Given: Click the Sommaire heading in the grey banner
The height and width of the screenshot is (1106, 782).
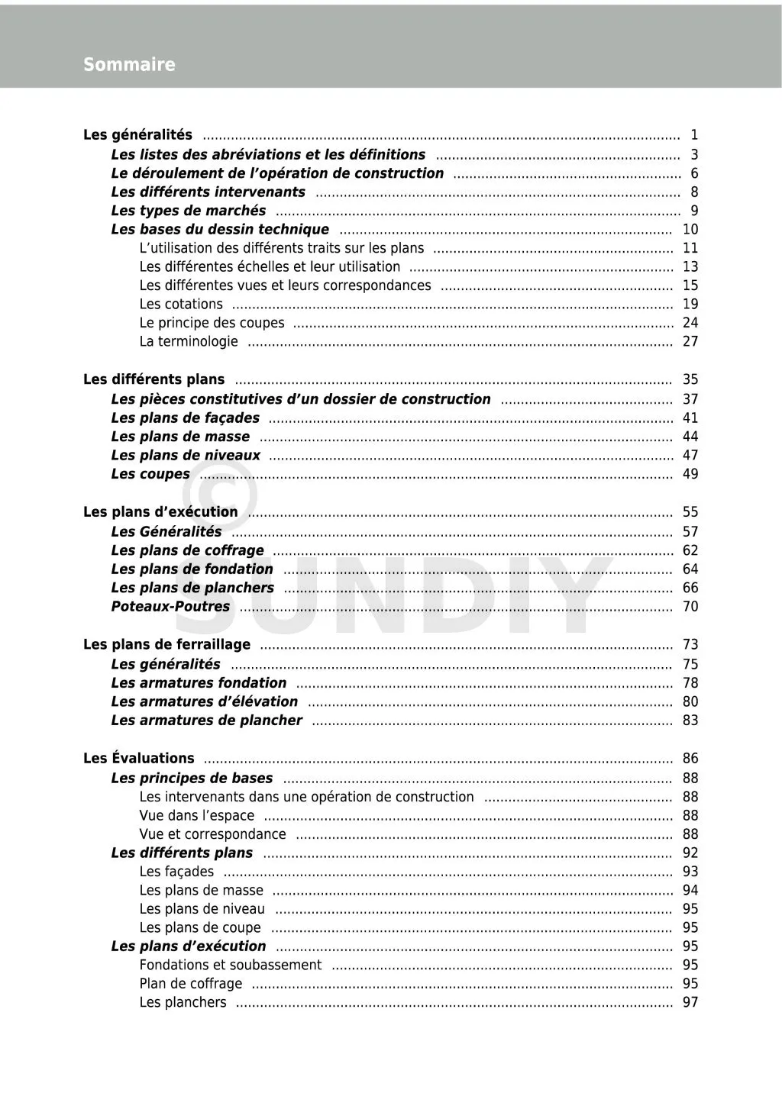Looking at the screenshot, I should click(129, 65).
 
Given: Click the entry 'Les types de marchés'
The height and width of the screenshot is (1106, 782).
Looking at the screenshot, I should click(189, 211).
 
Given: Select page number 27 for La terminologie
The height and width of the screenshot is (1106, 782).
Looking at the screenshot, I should click(690, 341).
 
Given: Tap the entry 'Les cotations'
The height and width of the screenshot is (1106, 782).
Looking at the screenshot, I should click(181, 304).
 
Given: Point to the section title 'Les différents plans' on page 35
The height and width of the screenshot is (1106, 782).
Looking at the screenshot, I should click(153, 379).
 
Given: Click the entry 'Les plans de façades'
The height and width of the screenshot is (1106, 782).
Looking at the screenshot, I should click(185, 418).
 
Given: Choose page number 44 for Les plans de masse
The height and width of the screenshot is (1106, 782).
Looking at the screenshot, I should click(690, 437).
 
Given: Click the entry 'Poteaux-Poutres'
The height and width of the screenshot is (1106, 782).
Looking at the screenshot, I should click(170, 607).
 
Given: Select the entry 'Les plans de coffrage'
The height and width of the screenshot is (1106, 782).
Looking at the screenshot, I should click(187, 550).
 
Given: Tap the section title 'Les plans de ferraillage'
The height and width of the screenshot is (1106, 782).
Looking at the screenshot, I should click(166, 645).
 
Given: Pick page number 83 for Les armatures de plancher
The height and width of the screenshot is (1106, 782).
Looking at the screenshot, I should click(690, 721).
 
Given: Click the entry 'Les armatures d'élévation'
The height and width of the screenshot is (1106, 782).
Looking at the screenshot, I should click(204, 701).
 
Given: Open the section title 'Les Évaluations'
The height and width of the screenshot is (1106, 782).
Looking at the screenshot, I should click(138, 759).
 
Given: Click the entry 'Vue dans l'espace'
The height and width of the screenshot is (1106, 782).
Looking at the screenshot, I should click(196, 815).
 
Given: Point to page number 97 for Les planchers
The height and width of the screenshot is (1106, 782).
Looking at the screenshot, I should click(690, 1002).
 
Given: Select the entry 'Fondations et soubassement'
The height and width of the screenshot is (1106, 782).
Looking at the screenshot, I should click(230, 965).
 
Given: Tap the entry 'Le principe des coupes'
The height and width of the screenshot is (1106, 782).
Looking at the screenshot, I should click(212, 323).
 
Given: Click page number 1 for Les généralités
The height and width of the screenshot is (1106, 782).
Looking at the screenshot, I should click(694, 135).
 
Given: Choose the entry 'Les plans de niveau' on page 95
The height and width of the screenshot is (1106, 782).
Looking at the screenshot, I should click(202, 909).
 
